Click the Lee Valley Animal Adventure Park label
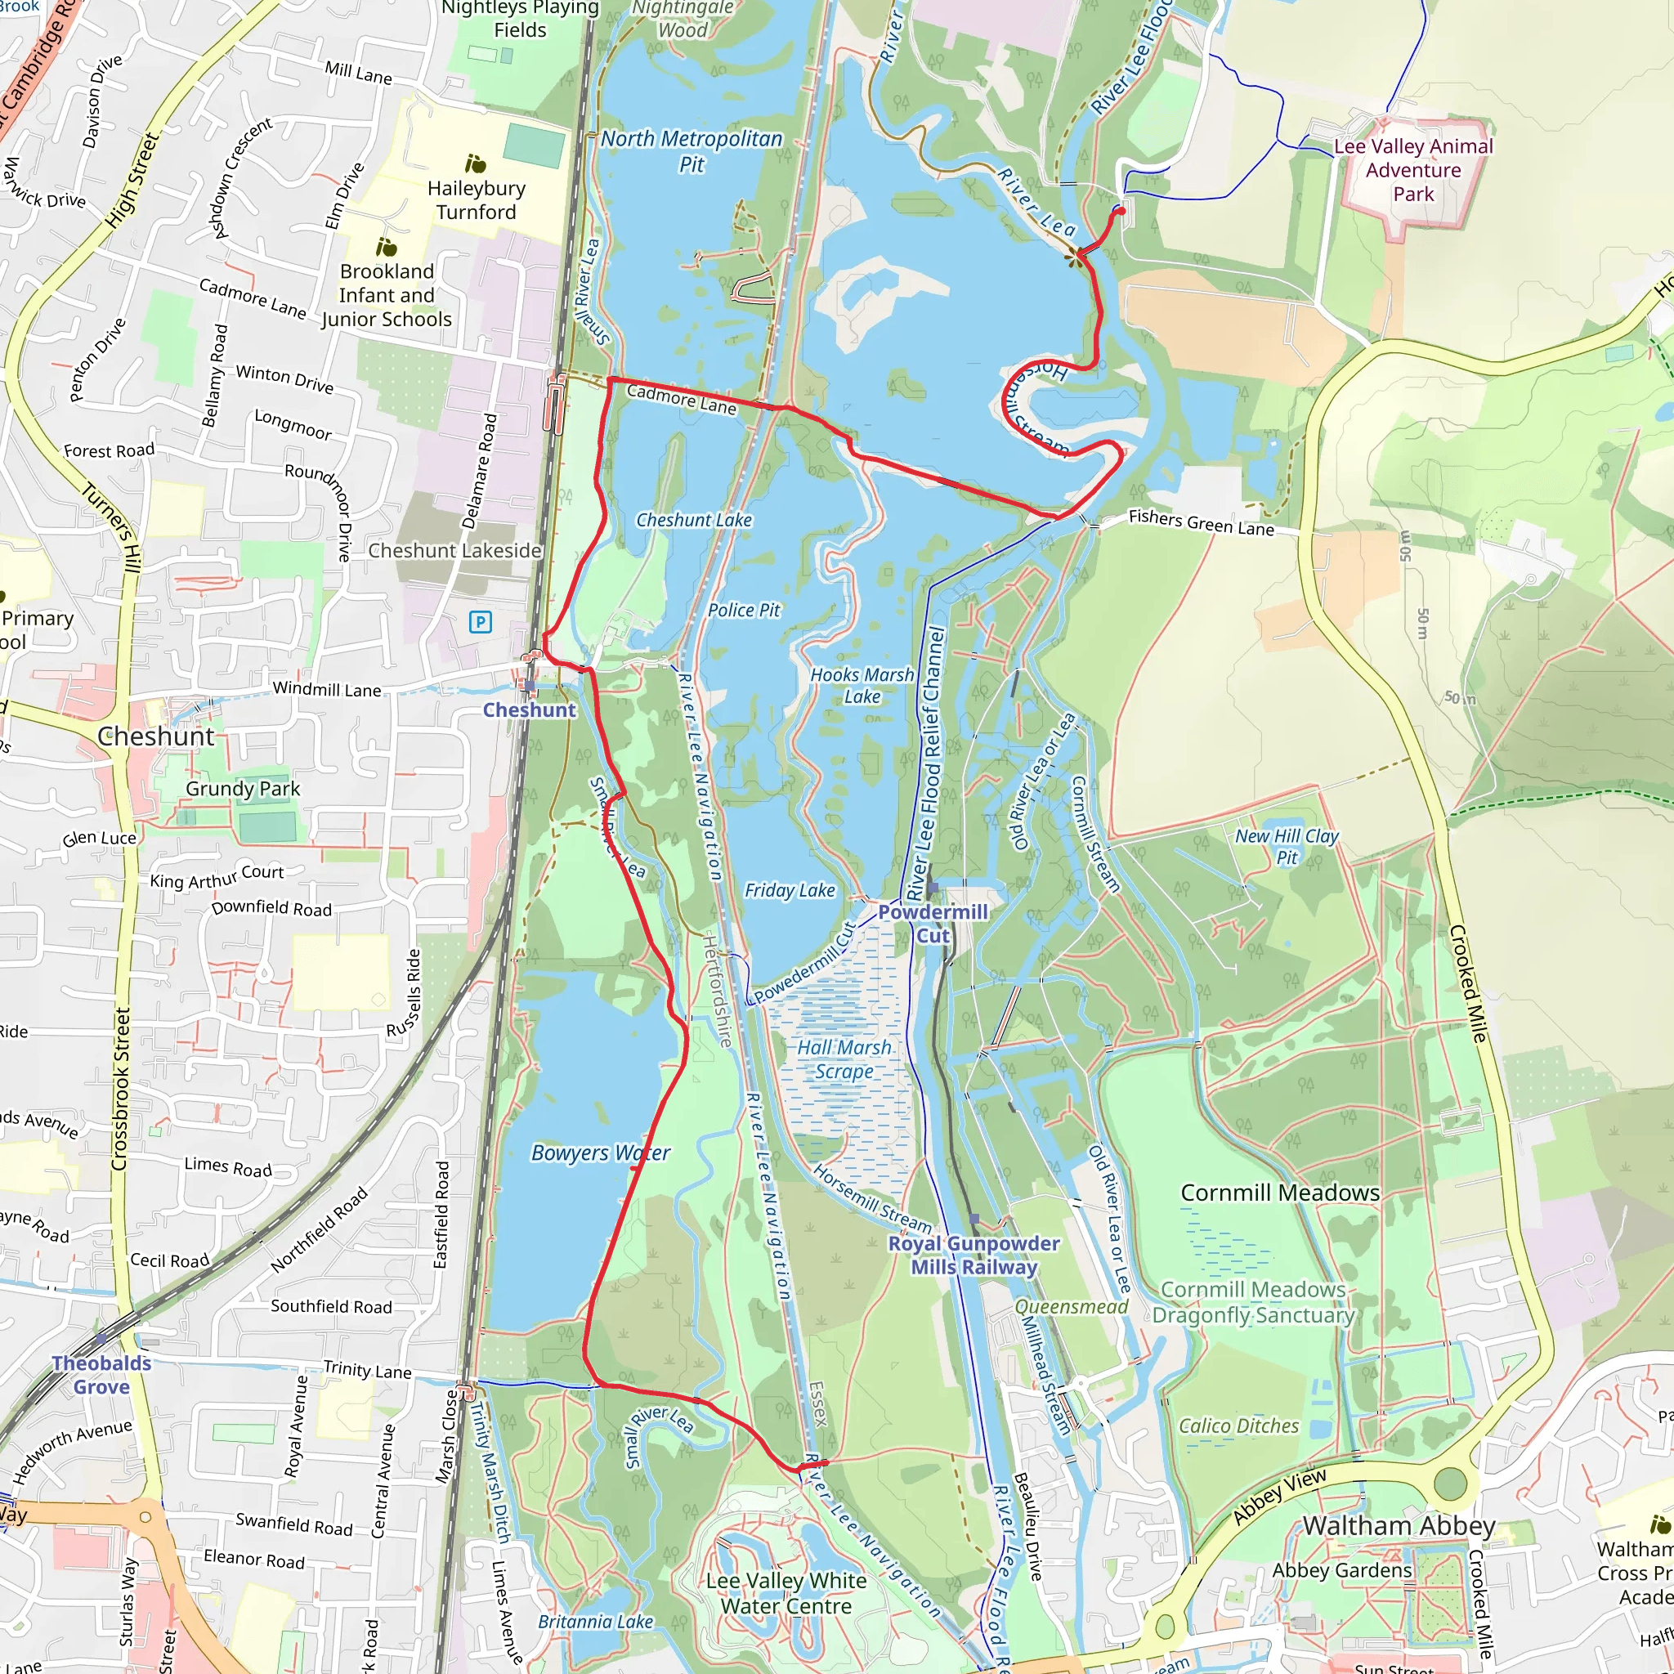tap(1413, 170)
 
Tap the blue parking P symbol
tap(480, 621)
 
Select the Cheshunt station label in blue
tap(529, 709)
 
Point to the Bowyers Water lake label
tap(601, 1153)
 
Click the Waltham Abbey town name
tap(1399, 1525)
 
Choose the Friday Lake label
tap(790, 890)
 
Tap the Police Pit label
tap(744, 610)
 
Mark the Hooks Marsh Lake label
tap(862, 685)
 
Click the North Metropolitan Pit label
tap(692, 150)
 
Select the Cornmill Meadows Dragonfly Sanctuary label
tap(1253, 1302)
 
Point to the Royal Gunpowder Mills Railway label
tap(974, 1255)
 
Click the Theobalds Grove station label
tap(101, 1374)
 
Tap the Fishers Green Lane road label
tap(1201, 522)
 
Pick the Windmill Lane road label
tap(327, 689)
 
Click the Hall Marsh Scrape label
tap(844, 1059)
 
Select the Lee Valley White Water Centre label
tap(786, 1593)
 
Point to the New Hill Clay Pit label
tap(1287, 846)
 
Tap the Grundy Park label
tap(243, 789)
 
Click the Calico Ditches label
tap(1239, 1426)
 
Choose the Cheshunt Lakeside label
tap(455, 550)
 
